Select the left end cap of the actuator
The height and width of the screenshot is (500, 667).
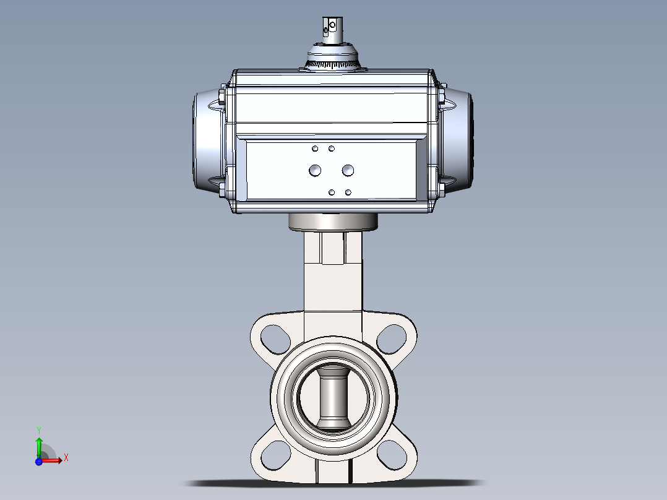coord(207,141)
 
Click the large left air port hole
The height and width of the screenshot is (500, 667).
coord(315,170)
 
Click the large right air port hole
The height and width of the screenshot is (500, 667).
coord(348,170)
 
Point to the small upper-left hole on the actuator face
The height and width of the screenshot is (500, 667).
coord(315,149)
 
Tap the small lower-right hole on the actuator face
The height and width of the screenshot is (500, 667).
coord(348,192)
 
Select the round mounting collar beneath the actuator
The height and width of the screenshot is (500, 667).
coord(333,221)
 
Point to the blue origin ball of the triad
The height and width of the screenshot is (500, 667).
coord(39,461)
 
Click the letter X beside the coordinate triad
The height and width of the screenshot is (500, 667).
coord(66,458)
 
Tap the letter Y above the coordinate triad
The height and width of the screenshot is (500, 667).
coord(39,429)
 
